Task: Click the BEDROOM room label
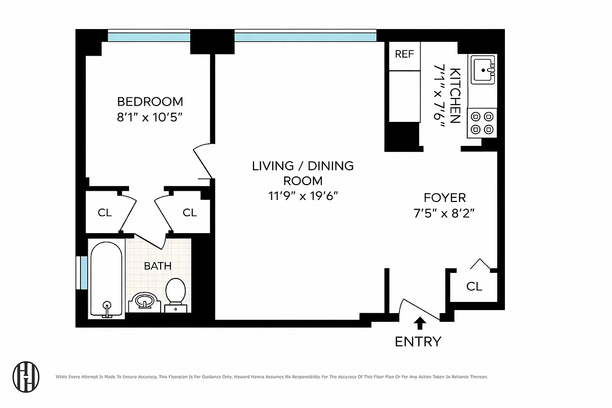[x=149, y=101]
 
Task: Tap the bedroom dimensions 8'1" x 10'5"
[x=149, y=117]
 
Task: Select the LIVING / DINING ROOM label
[x=302, y=173]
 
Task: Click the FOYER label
[x=445, y=198]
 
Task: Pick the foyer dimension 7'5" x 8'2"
[x=445, y=213]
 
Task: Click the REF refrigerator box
[x=404, y=54]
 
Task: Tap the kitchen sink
[x=482, y=70]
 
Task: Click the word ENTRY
[x=418, y=341]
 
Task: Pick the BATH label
[x=158, y=266]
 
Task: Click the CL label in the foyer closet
[x=474, y=287]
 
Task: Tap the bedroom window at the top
[x=148, y=36]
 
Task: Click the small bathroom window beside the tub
[x=81, y=273]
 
